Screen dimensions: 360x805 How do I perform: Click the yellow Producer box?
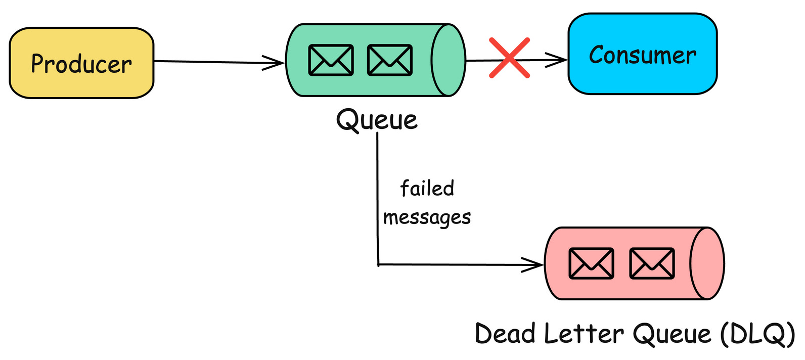coord(81,63)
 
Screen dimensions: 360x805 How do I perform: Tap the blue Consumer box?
coord(642,54)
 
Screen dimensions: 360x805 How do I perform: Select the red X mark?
coord(509,58)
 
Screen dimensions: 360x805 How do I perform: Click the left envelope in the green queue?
coord(331,60)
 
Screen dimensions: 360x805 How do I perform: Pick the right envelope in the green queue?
coord(389,60)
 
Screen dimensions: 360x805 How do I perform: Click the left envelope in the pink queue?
coord(591,263)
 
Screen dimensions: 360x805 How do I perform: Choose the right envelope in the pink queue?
coord(652,263)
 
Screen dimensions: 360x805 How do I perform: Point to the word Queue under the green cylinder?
coord(377,120)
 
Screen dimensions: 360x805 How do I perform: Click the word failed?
coord(427,189)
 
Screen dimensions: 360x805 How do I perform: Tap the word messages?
coord(427,217)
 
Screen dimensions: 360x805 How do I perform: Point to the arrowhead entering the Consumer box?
coord(560,60)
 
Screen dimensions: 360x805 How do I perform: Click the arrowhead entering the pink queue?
coord(536,264)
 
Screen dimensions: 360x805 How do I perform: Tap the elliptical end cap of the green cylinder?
coord(448,60)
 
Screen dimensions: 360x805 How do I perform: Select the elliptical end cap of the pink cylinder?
coord(707,263)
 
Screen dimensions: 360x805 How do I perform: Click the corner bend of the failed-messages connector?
coord(378,264)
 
